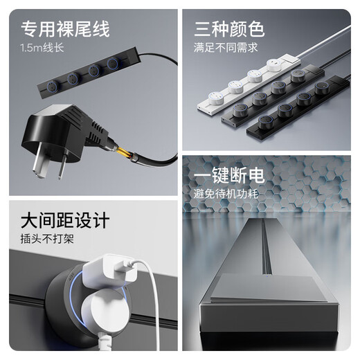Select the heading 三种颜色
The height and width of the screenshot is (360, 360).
coord(229,30)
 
